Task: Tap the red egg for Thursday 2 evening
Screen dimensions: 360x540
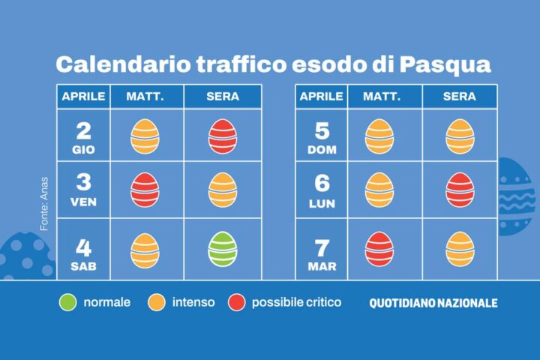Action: click(222, 136)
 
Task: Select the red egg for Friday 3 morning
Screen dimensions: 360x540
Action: click(145, 190)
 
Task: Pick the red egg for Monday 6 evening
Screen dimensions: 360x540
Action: click(460, 190)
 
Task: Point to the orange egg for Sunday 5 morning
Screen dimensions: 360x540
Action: click(379, 136)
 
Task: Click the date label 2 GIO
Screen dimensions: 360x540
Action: click(84, 136)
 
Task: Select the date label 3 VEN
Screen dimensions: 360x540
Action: click(84, 190)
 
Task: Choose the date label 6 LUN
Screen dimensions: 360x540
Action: click(322, 190)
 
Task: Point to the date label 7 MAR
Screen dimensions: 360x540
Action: click(322, 252)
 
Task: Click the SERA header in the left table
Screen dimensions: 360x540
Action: click(222, 97)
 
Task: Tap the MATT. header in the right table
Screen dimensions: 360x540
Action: click(382, 97)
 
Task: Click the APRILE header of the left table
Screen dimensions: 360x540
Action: click(83, 97)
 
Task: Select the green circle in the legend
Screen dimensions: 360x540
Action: click(68, 303)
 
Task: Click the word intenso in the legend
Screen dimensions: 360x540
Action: click(193, 303)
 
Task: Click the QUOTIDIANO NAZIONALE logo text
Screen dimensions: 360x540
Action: click(433, 304)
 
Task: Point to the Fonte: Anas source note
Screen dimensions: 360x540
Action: click(44, 203)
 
